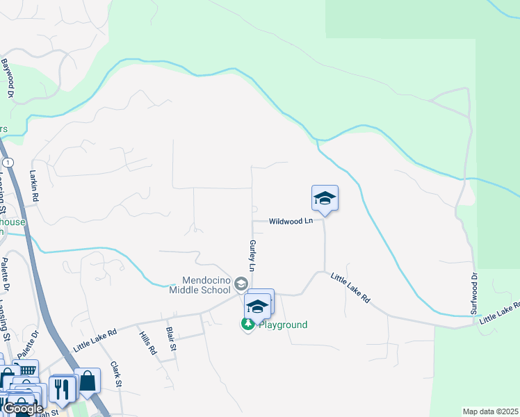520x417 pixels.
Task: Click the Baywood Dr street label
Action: (8, 77)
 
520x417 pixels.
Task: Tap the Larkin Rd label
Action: (33, 187)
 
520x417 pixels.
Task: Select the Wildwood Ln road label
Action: (291, 222)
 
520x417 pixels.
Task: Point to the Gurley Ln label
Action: (252, 256)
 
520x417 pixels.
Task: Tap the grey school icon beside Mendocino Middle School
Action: (241, 284)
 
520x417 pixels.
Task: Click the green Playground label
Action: (283, 325)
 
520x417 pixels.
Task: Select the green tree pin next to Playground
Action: (247, 324)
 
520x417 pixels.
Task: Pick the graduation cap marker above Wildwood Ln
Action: (325, 199)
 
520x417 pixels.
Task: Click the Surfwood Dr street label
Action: (475, 293)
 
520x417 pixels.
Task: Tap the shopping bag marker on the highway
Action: (88, 380)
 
